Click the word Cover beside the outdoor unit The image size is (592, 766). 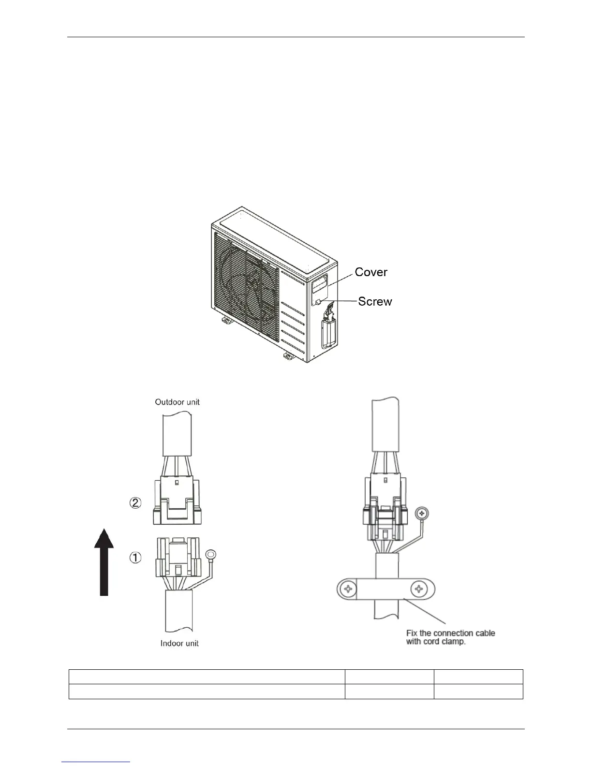[x=371, y=272]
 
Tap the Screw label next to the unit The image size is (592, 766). [x=375, y=302]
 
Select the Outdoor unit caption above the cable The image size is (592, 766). [x=177, y=402]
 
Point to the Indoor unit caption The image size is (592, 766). [x=179, y=643]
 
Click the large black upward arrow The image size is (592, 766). [x=104, y=561]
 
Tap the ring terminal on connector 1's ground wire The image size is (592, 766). [x=211, y=555]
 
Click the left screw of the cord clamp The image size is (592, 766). [x=348, y=589]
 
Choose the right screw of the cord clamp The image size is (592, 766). [x=419, y=589]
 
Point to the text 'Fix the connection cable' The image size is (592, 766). [x=450, y=633]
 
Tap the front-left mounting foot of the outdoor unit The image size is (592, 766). [x=226, y=320]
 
